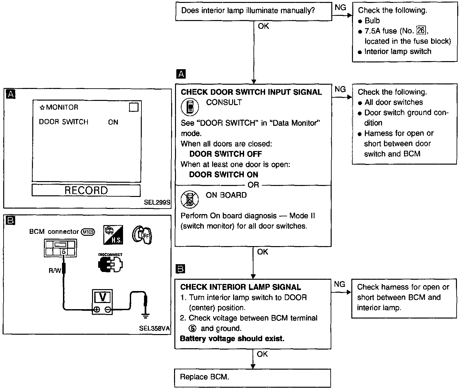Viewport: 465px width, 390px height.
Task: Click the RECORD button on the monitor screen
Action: point(86,190)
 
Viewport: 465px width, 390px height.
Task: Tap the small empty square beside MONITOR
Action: point(134,107)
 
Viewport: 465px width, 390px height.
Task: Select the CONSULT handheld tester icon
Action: point(190,107)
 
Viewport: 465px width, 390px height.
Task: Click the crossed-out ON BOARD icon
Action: point(190,199)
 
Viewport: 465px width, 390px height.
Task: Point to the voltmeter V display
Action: point(102,297)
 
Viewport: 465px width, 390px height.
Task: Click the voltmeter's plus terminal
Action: point(97,309)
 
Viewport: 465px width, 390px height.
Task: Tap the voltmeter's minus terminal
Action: point(108,309)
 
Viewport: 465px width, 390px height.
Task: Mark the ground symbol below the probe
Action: point(145,316)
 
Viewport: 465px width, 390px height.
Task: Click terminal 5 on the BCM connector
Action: point(64,252)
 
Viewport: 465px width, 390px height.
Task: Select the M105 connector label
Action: point(88,232)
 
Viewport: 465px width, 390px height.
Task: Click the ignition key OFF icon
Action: point(142,235)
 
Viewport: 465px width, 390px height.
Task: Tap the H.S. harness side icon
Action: point(113,235)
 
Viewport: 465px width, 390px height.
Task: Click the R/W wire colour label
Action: point(55,270)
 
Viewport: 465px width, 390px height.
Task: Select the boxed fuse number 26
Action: point(421,30)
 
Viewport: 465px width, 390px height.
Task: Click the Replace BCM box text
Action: point(204,377)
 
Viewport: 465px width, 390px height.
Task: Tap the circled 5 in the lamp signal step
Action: point(192,328)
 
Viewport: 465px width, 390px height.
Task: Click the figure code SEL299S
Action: point(157,202)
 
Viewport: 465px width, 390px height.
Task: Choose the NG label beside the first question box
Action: point(340,7)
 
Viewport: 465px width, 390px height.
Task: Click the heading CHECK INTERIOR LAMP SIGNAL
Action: point(241,287)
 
